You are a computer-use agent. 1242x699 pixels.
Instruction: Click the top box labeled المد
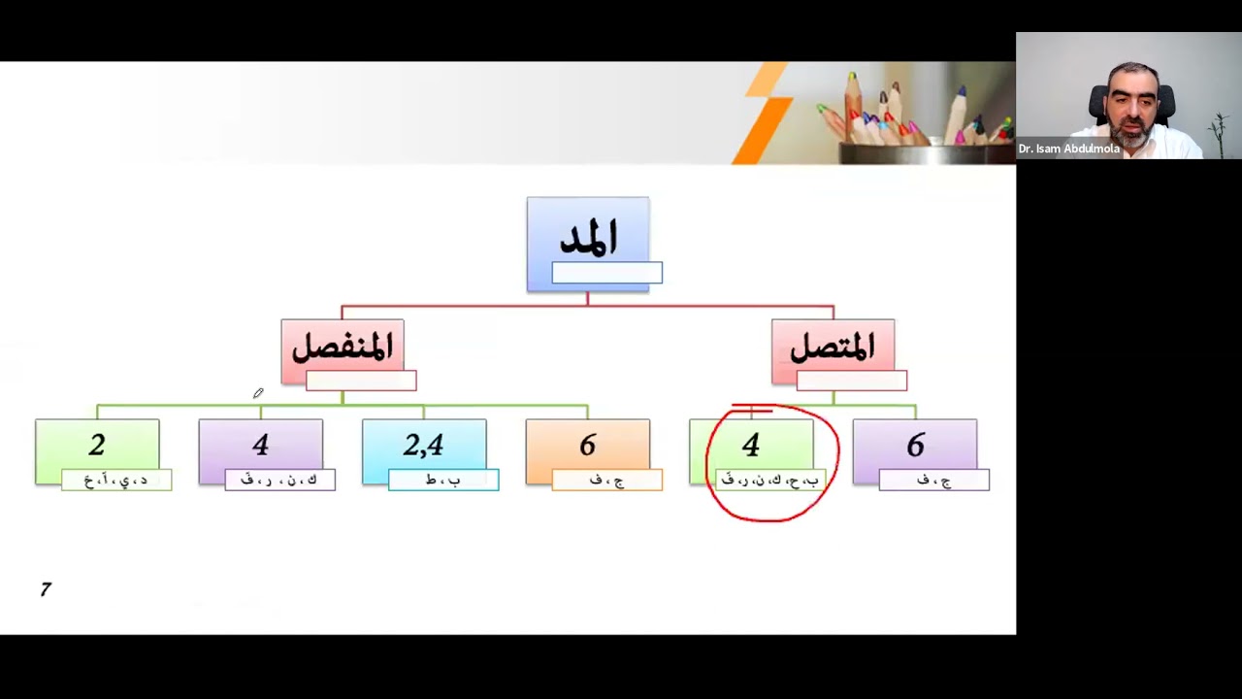point(588,238)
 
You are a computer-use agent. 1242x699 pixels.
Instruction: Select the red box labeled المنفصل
point(342,348)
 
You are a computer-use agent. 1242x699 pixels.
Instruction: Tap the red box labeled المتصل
point(833,348)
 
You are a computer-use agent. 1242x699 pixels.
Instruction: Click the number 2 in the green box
point(97,446)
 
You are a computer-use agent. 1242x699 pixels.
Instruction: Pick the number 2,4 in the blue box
point(424,446)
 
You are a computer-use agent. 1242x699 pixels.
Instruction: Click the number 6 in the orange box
point(588,446)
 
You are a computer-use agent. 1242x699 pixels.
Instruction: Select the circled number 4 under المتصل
point(751,446)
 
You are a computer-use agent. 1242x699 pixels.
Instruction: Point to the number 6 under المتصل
point(915,446)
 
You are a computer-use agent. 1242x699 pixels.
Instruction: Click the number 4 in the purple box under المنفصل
point(260,446)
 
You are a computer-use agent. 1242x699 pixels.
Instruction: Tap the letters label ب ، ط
point(443,480)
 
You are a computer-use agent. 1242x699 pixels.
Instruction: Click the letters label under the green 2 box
point(116,480)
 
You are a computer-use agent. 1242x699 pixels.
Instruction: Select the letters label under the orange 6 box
point(607,480)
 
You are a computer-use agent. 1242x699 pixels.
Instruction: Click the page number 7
point(46,589)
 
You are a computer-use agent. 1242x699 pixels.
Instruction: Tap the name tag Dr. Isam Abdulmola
point(1069,150)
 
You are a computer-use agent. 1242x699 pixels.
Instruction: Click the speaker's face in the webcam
point(1131,102)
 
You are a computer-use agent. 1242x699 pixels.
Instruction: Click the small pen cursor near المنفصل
point(258,393)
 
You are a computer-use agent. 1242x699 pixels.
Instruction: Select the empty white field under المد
point(607,274)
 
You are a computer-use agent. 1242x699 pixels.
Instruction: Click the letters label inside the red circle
point(770,480)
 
